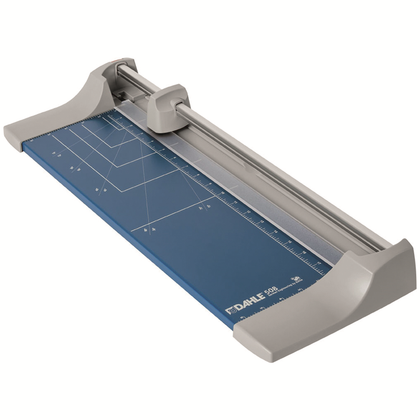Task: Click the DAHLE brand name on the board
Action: [247, 304]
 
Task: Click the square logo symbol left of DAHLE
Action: [229, 311]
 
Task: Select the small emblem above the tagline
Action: [296, 279]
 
